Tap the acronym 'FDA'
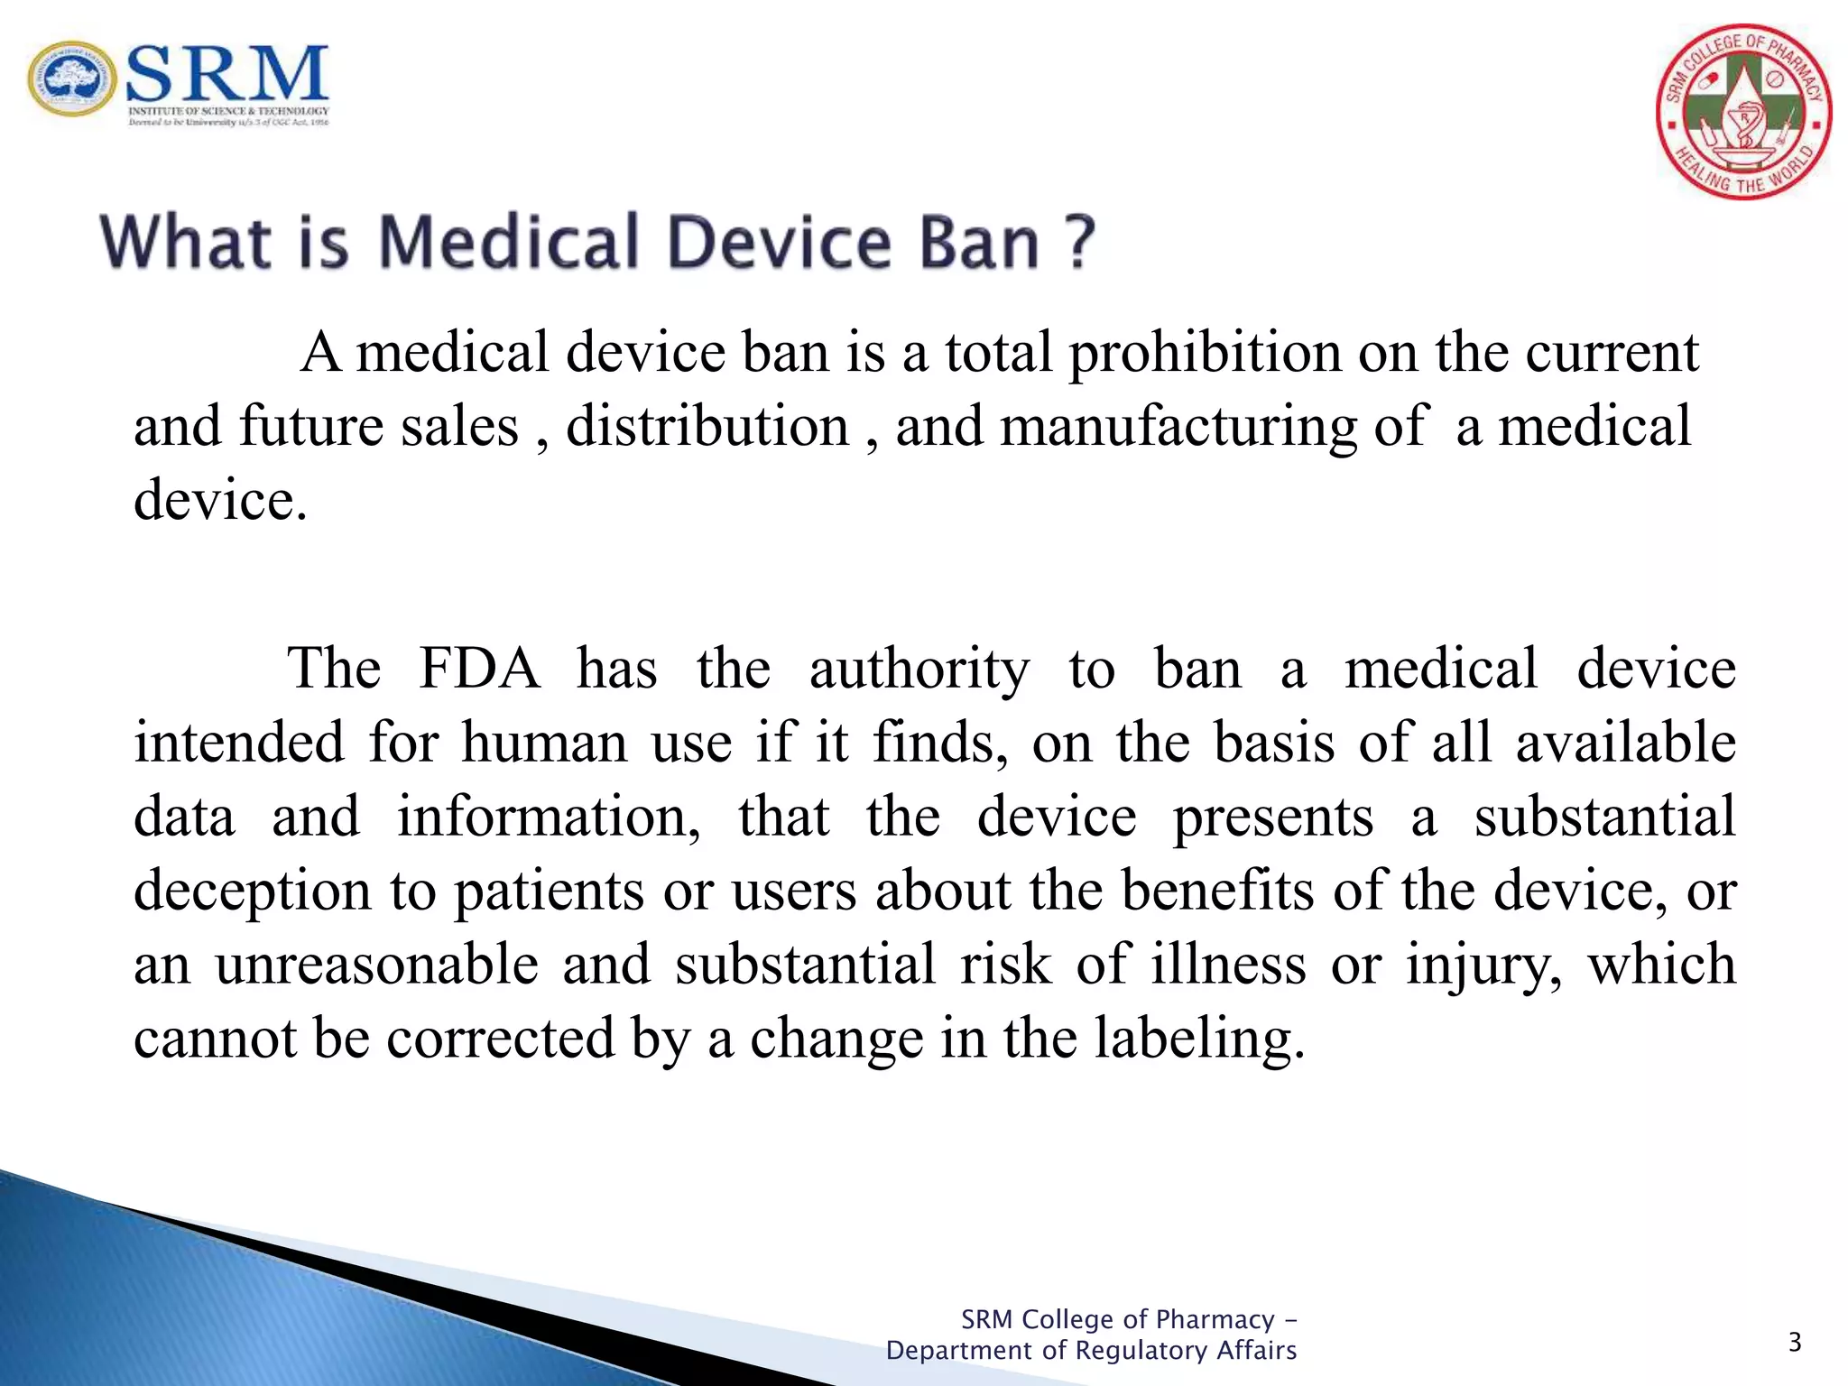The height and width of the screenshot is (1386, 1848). click(479, 670)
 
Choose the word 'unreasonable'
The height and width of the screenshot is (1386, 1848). click(376, 964)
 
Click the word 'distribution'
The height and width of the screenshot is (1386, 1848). click(707, 426)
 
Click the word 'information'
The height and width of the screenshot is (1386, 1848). click(548, 818)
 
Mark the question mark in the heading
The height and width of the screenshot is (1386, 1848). click(1078, 242)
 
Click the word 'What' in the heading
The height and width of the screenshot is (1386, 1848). click(186, 242)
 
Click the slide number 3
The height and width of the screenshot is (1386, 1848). click(1795, 1344)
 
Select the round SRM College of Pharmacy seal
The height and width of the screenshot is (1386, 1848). click(1743, 112)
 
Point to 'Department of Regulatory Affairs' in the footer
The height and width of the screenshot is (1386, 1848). click(1091, 1351)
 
